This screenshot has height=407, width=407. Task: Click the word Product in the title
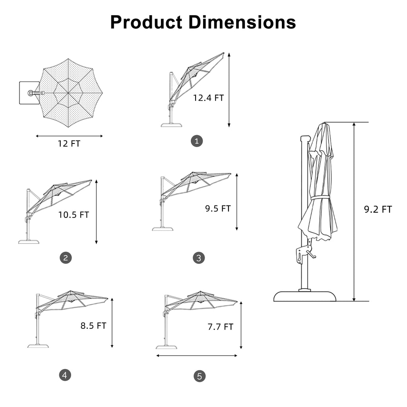(x=146, y=22)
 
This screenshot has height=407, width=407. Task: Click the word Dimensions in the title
(x=242, y=22)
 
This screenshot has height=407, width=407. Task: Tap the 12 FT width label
(x=69, y=143)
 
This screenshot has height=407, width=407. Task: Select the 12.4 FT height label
(x=208, y=98)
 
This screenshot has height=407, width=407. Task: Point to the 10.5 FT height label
(x=74, y=215)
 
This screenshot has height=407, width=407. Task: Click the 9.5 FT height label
(x=218, y=208)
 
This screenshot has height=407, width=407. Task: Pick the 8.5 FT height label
(x=93, y=326)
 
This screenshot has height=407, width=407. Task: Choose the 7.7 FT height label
(x=220, y=327)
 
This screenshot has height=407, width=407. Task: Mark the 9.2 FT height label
(x=378, y=209)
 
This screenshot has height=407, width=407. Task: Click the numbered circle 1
(x=197, y=141)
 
